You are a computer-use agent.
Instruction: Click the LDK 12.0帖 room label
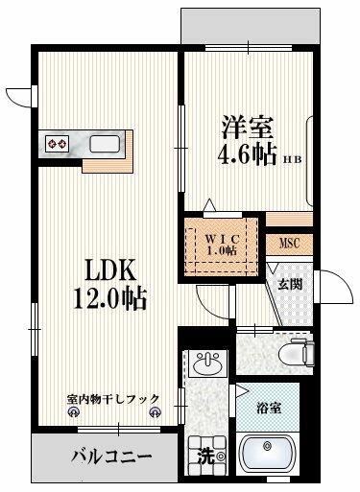(109, 285)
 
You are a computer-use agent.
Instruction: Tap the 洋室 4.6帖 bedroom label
(248, 140)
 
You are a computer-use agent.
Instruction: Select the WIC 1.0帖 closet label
(222, 245)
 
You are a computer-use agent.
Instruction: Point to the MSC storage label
(290, 244)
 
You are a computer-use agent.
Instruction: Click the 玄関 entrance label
(290, 284)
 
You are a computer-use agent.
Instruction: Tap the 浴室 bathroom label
(270, 409)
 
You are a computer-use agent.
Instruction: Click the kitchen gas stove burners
(58, 144)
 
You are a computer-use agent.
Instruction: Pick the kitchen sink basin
(105, 144)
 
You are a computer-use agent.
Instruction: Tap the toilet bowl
(296, 353)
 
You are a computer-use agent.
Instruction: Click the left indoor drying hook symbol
(73, 412)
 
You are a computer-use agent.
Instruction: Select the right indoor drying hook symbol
(155, 412)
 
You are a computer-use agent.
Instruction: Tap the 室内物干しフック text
(113, 399)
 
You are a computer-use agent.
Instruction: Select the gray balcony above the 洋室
(251, 27)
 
